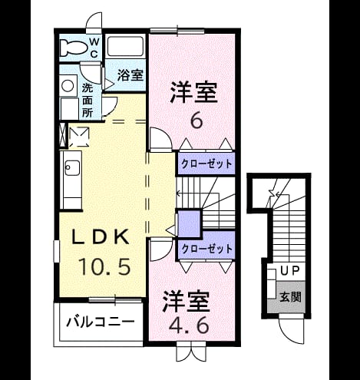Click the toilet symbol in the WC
(x=73, y=48)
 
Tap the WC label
(x=94, y=48)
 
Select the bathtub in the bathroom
(x=125, y=46)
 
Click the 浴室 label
(x=130, y=75)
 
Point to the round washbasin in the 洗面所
(x=68, y=86)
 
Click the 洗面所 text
(x=88, y=101)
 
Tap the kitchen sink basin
(x=72, y=168)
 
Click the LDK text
(x=100, y=237)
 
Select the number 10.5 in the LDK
(x=104, y=266)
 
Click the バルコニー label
(x=100, y=322)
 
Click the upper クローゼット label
(x=206, y=164)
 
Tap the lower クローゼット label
(x=206, y=249)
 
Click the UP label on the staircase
(x=289, y=271)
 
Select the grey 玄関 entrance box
(x=286, y=297)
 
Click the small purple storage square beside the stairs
(x=189, y=223)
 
